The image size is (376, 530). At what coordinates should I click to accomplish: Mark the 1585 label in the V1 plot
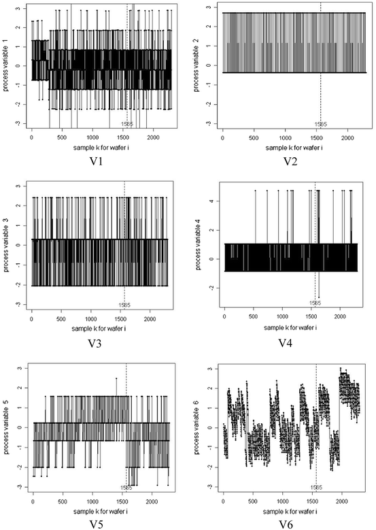[x=126, y=125]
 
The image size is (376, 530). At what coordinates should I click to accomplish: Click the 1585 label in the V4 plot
[x=315, y=302]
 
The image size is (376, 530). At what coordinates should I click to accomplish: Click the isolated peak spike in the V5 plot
[x=116, y=378]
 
